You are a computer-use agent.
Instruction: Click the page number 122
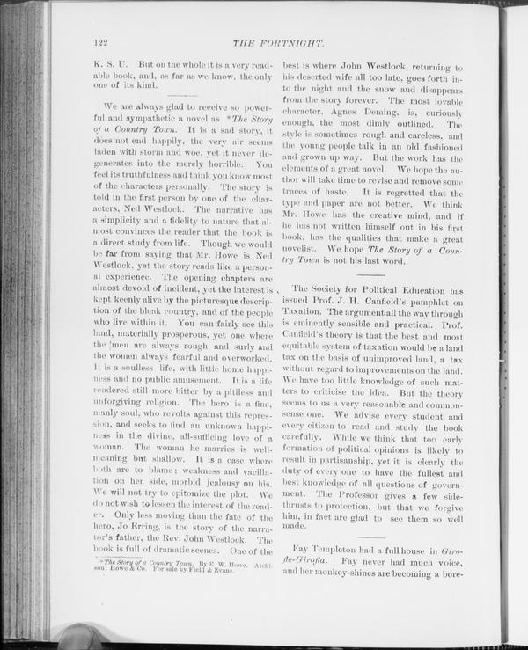[x=99, y=42]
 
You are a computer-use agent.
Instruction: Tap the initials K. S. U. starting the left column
[x=110, y=65]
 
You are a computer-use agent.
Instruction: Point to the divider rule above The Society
[x=373, y=275]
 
